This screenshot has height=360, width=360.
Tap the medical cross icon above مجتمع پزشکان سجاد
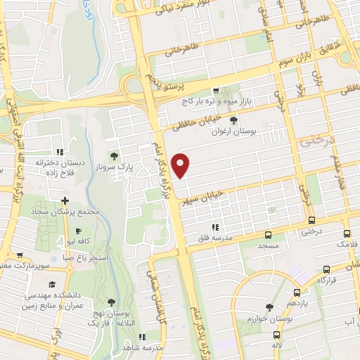pyautogui.click(x=65, y=201)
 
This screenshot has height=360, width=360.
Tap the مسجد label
pyautogui.click(x=267, y=247)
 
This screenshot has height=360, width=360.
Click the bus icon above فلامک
pyautogui.click(x=347, y=233)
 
